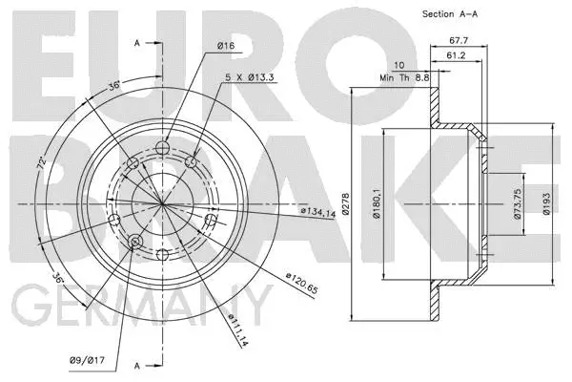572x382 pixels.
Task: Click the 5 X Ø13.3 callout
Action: tap(251, 78)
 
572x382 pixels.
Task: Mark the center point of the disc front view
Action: tap(162, 204)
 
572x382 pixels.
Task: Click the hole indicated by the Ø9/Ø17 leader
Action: tap(134, 242)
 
